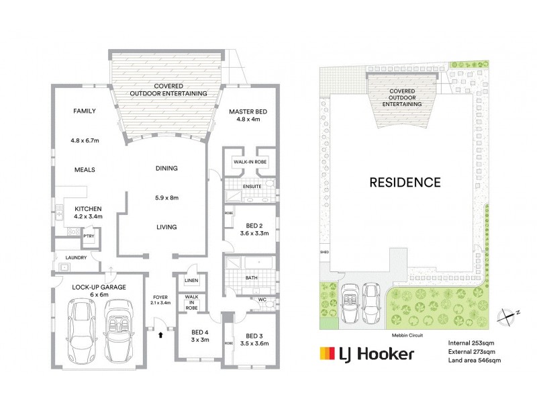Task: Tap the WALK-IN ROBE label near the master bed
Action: (x=250, y=163)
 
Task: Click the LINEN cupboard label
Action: (x=191, y=281)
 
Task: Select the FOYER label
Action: (x=160, y=297)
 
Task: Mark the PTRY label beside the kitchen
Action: (x=88, y=236)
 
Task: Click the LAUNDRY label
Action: (x=77, y=257)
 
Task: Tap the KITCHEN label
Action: (x=87, y=209)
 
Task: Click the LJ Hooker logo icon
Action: (x=328, y=354)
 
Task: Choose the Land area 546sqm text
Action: (x=475, y=361)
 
